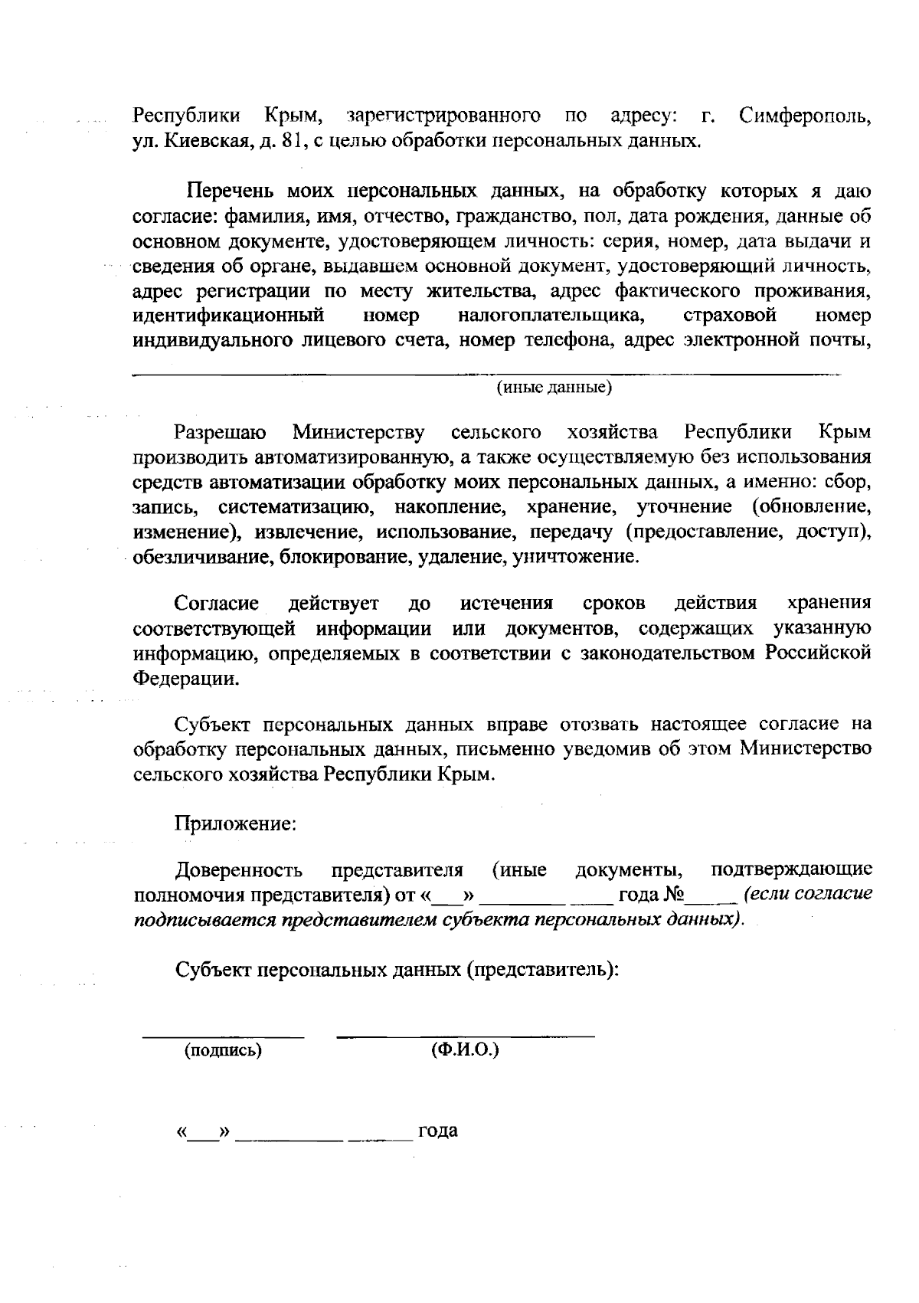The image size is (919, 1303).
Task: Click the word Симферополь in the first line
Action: [x=805, y=117]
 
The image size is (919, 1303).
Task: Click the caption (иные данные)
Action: [x=555, y=388]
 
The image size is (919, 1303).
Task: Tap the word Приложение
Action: [x=235, y=824]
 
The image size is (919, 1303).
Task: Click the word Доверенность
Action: [x=239, y=871]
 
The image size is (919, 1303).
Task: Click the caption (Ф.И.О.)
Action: [x=465, y=1049]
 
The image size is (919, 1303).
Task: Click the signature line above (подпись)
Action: [x=223, y=1036]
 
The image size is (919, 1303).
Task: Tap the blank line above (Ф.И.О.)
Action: [x=465, y=1036]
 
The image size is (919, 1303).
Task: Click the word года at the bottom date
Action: [x=438, y=1131]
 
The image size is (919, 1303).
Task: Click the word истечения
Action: [x=506, y=604]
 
